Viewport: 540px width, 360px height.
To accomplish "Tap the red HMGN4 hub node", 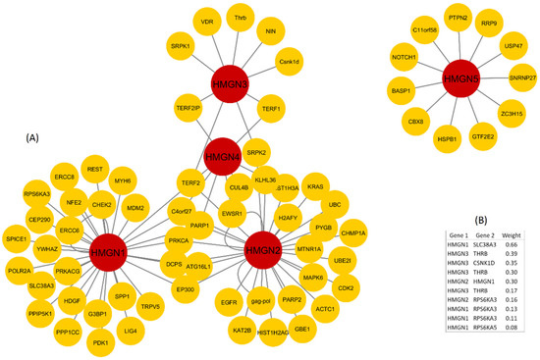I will point(223,156).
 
